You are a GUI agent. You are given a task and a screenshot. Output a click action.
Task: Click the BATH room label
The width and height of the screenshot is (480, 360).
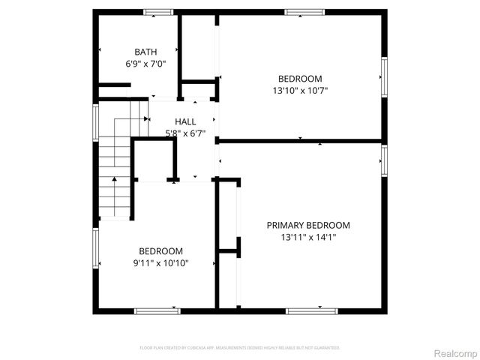pos(145,52)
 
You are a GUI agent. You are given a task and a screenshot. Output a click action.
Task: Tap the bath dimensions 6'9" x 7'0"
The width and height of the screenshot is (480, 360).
pos(145,64)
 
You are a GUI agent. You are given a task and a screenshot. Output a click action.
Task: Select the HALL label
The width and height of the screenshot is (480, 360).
pos(185,121)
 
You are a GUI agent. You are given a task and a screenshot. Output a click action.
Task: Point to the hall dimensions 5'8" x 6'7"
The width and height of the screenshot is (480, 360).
pos(185,133)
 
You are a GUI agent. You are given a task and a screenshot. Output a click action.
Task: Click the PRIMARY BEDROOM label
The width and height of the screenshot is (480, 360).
pos(308,225)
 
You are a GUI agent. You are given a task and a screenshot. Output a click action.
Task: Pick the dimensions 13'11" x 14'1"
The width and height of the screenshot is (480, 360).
pos(308,238)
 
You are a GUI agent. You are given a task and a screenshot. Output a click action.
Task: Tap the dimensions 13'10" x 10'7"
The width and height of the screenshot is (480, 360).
pos(300,91)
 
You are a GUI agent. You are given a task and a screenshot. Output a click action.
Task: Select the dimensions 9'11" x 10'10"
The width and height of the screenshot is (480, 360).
pos(160,263)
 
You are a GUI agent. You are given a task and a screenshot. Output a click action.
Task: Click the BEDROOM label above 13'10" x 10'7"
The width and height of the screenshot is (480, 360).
pos(300,79)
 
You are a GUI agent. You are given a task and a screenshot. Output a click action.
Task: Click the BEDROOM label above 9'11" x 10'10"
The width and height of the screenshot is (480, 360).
pos(160,251)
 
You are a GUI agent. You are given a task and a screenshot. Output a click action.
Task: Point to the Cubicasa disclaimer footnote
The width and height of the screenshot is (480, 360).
pos(240,348)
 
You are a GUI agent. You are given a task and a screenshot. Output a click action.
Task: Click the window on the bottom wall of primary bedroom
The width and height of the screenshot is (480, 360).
pos(312,310)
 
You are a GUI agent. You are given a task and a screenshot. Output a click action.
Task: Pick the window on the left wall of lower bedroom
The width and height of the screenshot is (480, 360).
pos(96,248)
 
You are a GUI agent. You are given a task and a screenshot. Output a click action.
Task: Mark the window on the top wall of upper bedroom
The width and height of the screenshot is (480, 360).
pos(304,12)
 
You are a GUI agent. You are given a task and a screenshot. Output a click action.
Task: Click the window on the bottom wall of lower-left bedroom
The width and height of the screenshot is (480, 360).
pos(158,310)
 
